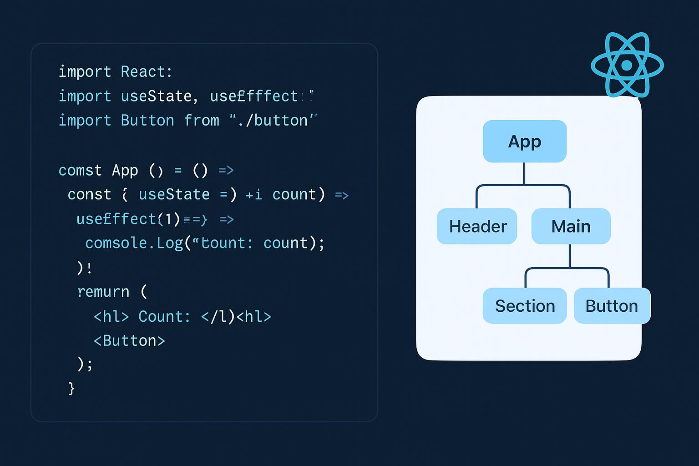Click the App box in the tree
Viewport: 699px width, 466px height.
pyautogui.click(x=524, y=142)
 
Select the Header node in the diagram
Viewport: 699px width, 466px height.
pyautogui.click(x=477, y=226)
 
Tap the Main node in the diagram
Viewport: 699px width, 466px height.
pyautogui.click(x=571, y=226)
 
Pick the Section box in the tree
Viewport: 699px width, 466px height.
pyautogui.click(x=524, y=306)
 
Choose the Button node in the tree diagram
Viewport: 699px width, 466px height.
pyautogui.click(x=612, y=306)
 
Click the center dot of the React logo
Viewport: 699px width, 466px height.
pyautogui.click(x=627, y=65)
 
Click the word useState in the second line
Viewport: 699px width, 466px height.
pyautogui.click(x=156, y=96)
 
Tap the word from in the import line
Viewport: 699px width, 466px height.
pyautogui.click(x=202, y=121)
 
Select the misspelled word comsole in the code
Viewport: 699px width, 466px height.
pyautogui.click(x=116, y=243)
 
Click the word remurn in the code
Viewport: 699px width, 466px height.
pyautogui.click(x=103, y=292)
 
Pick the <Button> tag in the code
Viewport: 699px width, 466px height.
pyautogui.click(x=129, y=341)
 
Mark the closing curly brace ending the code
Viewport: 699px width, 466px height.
pyautogui.click(x=71, y=388)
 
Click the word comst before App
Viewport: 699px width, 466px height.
pyautogui.click(x=80, y=171)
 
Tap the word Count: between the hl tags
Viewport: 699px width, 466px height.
pyautogui.click(x=164, y=316)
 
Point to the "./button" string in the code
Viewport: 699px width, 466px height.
pyautogui.click(x=273, y=121)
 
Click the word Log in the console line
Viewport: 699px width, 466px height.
pyautogui.click(x=170, y=243)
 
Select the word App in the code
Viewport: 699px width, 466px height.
pyautogui.click(x=125, y=171)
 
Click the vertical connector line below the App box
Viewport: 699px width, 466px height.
pyautogui.click(x=524, y=173)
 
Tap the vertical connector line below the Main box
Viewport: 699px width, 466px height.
pyautogui.click(x=570, y=256)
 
